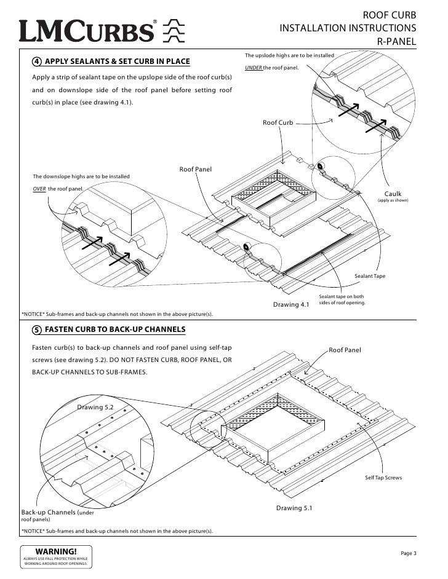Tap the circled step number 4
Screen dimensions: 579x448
(38, 61)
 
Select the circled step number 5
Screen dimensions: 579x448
(38, 330)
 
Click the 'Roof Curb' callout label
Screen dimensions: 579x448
(278, 123)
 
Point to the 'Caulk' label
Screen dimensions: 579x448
(392, 194)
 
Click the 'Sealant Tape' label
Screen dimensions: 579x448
(370, 277)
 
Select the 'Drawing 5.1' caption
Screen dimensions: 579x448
(294, 508)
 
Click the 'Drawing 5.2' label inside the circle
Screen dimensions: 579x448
(95, 406)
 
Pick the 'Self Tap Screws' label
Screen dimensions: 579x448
(383, 477)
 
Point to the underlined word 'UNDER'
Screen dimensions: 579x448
(253, 68)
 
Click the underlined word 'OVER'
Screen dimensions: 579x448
(39, 189)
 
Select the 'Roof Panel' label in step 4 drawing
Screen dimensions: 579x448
(195, 169)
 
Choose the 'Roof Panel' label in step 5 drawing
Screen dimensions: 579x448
(345, 350)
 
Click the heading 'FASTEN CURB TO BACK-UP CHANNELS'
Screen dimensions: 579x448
(116, 330)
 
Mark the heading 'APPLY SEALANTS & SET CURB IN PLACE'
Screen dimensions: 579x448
(118, 61)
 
